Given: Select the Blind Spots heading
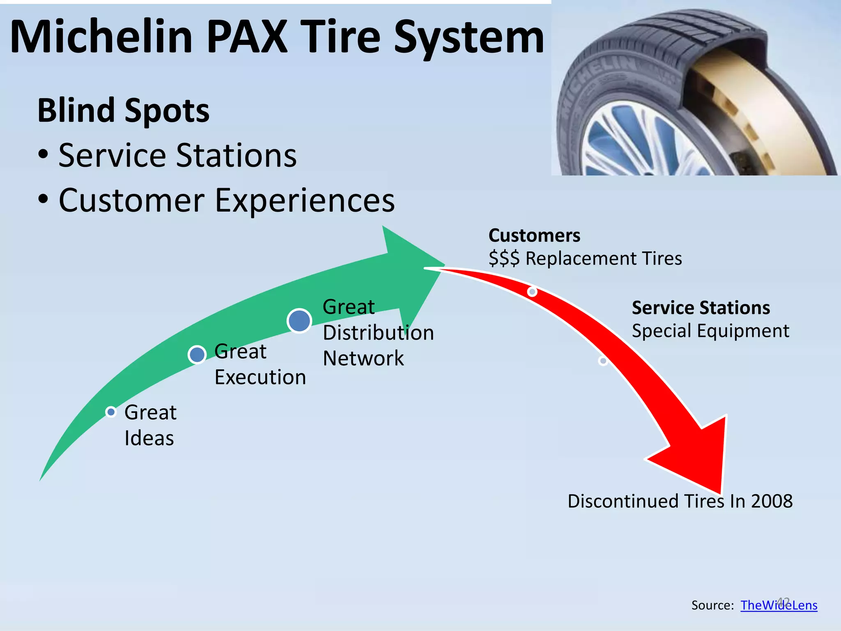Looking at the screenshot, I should [x=123, y=111].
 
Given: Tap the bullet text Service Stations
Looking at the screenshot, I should [x=177, y=156].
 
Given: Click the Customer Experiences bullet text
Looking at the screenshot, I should [x=226, y=200].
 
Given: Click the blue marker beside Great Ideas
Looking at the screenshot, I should [x=111, y=412].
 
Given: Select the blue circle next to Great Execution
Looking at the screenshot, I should [x=197, y=355].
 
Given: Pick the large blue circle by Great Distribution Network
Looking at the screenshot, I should [x=299, y=321].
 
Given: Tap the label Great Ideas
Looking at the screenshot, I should [x=150, y=425].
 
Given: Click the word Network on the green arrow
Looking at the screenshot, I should [x=363, y=358].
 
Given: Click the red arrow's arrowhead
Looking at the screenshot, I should [x=698, y=456].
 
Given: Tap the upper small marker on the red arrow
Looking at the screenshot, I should [x=532, y=292].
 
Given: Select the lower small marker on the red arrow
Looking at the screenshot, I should [x=603, y=361].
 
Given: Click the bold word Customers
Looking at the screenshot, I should [x=534, y=236].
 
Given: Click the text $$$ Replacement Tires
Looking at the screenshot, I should [x=585, y=259].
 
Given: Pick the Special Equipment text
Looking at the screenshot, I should [x=710, y=331].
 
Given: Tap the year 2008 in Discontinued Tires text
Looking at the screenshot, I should [x=772, y=501].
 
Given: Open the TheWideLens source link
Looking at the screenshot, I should [x=779, y=605].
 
